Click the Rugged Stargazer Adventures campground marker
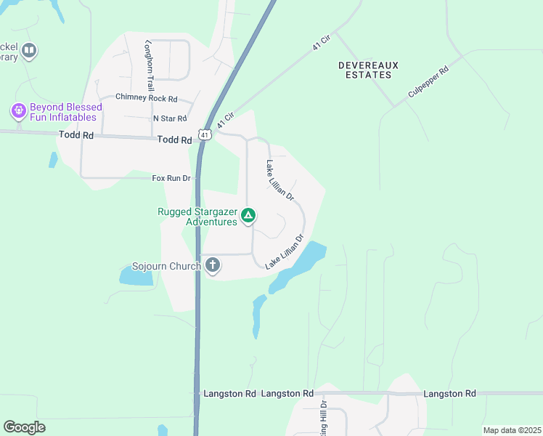pos(248,215)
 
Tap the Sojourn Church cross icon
pos(212,265)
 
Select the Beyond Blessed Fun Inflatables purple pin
pos(18,111)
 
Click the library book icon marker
pos(29,50)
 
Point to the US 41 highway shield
pos(205,134)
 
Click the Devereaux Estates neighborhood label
pos(368,70)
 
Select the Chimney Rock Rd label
pos(146,99)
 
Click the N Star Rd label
pos(170,118)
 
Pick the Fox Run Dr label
pos(171,178)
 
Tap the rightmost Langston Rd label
pos(451,393)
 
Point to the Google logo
pos(24,427)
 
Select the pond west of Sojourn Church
pos(134,275)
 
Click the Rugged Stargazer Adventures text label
pos(197,217)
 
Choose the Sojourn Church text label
pos(166,267)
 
